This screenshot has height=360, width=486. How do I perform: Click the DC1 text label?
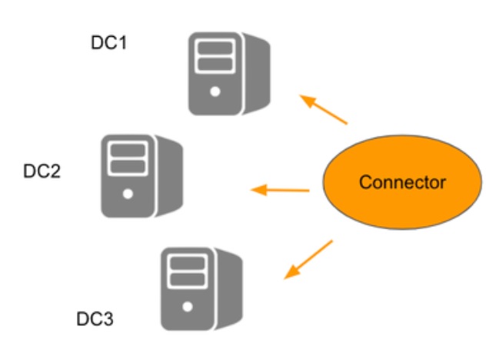(x=108, y=43)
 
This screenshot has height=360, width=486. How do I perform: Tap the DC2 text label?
(x=42, y=170)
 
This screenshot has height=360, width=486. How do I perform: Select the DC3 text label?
(x=95, y=318)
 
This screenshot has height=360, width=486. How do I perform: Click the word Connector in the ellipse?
(x=402, y=182)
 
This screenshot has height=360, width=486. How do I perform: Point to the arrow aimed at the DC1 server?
(x=324, y=110)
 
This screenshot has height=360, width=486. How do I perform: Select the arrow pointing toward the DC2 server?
(x=281, y=189)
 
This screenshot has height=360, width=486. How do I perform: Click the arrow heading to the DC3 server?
(x=308, y=259)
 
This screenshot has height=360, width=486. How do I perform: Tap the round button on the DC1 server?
(x=215, y=92)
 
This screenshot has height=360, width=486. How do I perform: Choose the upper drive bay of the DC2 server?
(x=127, y=148)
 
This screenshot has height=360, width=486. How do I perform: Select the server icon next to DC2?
(x=141, y=175)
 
